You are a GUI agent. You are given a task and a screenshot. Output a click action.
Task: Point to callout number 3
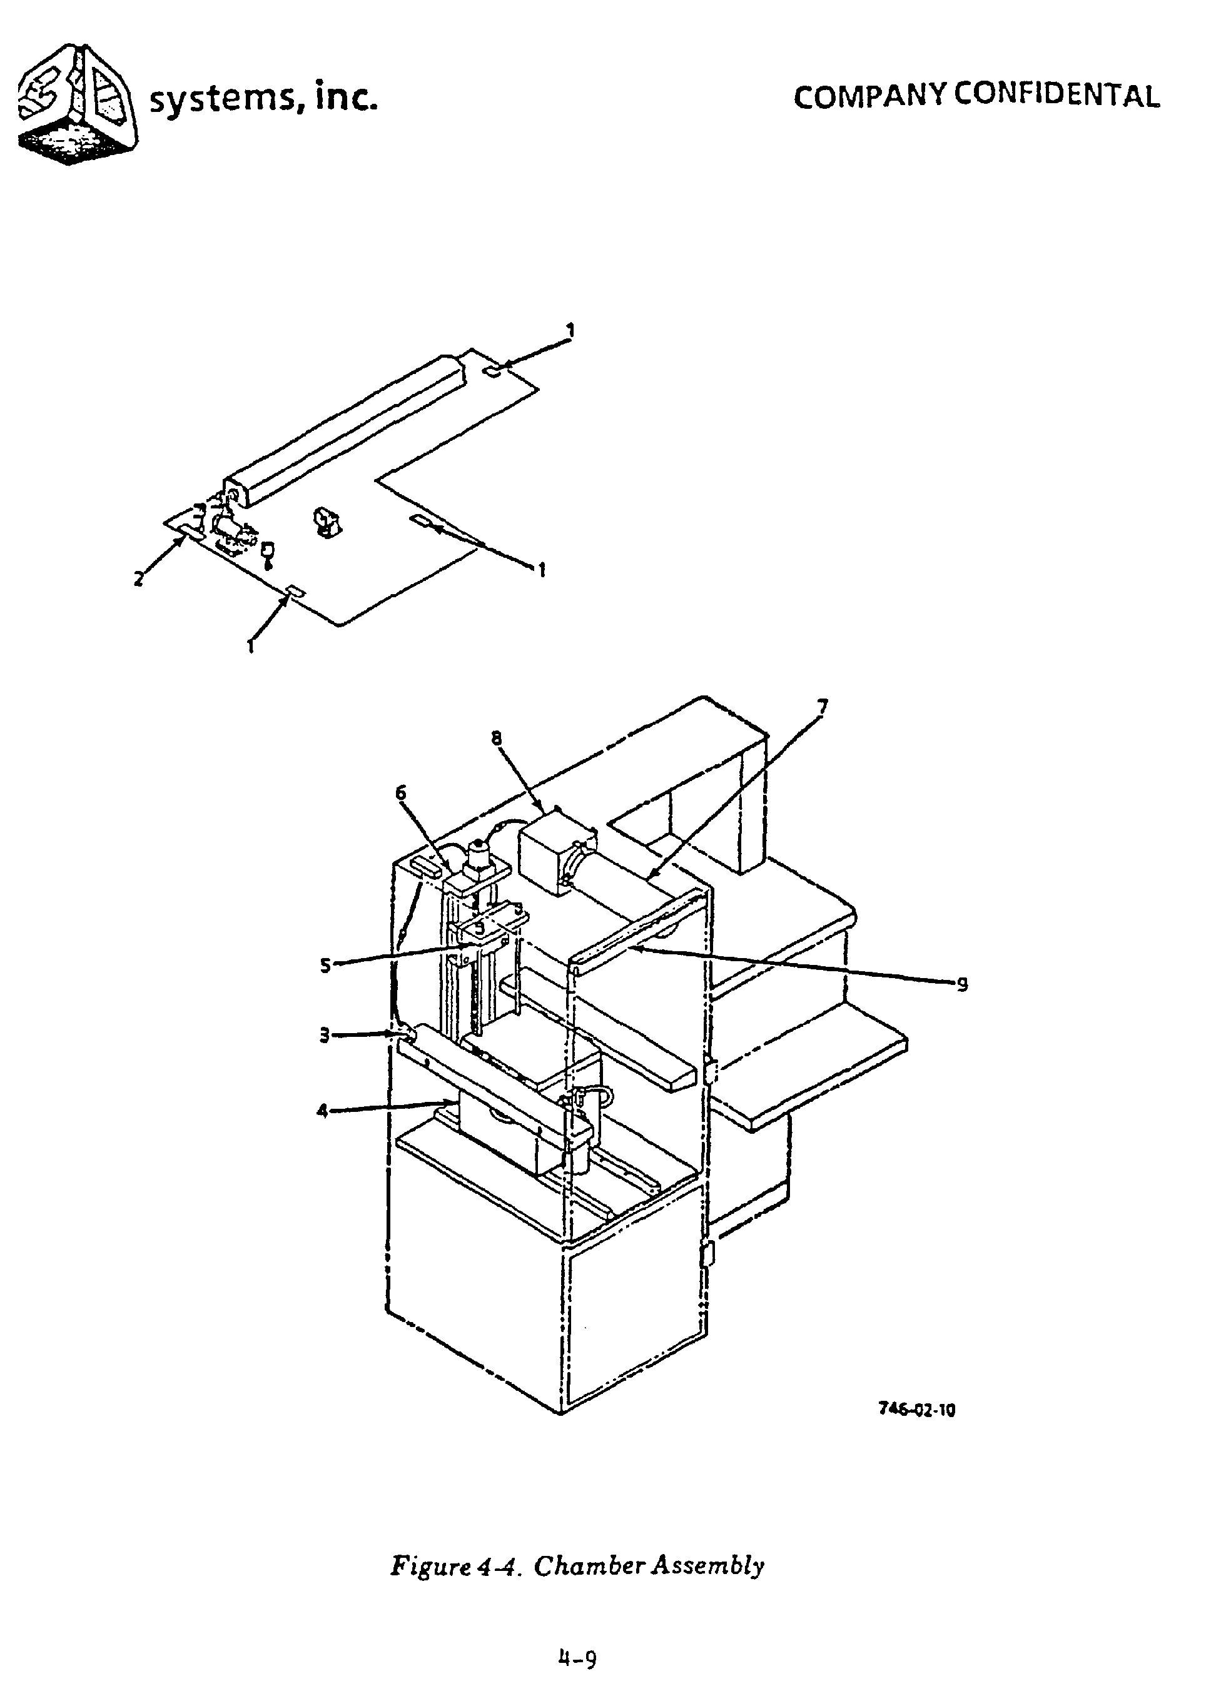pos(325,1036)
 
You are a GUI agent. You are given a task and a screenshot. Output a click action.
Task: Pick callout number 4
pos(322,1111)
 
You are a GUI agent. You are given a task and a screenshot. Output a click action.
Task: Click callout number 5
pos(325,965)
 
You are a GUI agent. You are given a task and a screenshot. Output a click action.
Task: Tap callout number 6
pos(402,792)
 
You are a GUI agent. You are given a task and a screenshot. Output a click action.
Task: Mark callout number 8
pos(497,738)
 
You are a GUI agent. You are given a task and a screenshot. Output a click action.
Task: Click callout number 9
pos(962,985)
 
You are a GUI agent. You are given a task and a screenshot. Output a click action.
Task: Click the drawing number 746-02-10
pos(916,1409)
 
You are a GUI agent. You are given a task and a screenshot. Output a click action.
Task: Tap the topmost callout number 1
pos(570,329)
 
